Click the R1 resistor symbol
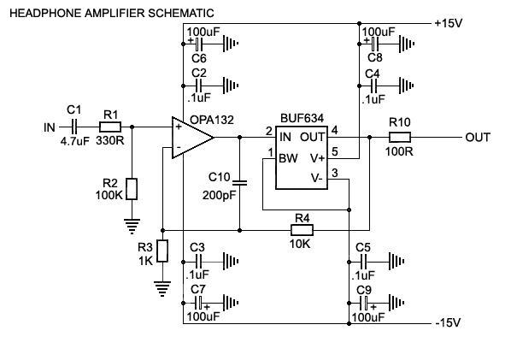(110, 127)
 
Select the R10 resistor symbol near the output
(400, 138)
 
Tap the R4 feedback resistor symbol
(302, 230)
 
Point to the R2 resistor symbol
(132, 189)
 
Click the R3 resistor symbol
(162, 251)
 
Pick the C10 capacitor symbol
(240, 183)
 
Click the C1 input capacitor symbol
(74, 127)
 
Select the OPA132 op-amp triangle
(192, 138)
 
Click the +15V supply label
(448, 23)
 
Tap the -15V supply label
(448, 323)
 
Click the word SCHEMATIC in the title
(181, 14)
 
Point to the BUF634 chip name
(302, 118)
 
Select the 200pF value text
(219, 195)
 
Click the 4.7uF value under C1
(74, 141)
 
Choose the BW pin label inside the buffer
(288, 158)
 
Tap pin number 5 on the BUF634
(335, 151)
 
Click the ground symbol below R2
(132, 227)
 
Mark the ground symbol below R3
(162, 289)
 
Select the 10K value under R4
(300, 244)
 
